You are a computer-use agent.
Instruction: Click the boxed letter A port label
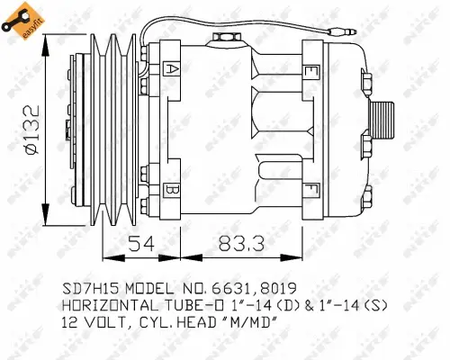pos(172,68)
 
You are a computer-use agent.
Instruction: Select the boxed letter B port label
pos(172,189)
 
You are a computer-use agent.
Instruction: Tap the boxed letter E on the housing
pos(310,71)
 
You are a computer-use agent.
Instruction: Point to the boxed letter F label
pos(310,188)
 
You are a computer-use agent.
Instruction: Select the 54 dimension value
pos(139,244)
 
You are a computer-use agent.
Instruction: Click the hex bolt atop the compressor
pos(222,37)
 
